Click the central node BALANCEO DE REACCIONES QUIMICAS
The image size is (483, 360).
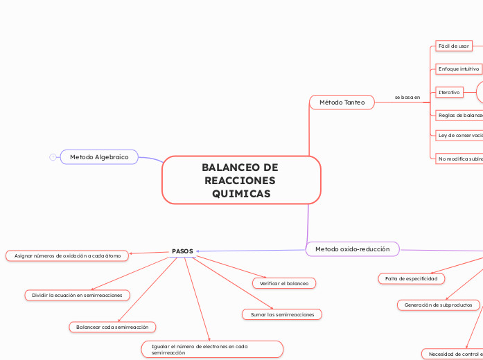click(241, 180)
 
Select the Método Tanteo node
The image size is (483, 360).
click(342, 102)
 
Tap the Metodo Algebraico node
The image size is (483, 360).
click(99, 157)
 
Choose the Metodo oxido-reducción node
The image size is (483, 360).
click(352, 249)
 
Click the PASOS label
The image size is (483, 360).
click(182, 251)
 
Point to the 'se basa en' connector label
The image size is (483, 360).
click(407, 98)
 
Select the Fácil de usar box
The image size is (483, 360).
click(454, 46)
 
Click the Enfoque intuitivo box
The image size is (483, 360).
click(459, 69)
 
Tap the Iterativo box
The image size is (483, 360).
click(449, 92)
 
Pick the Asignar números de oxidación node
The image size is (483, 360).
click(67, 256)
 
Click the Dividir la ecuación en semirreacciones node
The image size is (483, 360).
click(77, 295)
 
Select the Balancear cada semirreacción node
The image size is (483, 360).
click(112, 326)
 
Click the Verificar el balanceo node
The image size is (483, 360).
click(284, 283)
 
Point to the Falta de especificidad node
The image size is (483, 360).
click(412, 278)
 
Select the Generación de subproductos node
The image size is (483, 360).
click(438, 305)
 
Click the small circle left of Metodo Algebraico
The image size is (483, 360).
click(53, 157)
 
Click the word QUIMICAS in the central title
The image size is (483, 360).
click(241, 194)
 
